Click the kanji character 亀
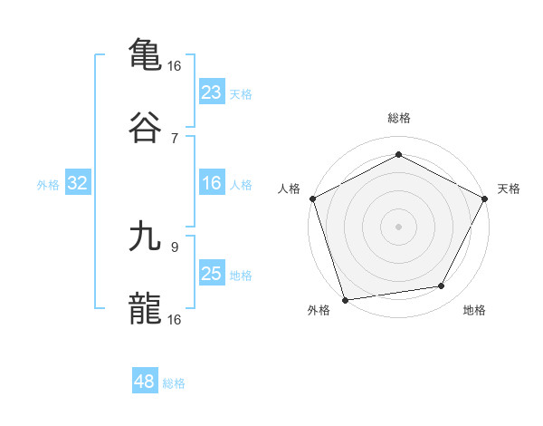click(x=145, y=53)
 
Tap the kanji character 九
click(x=145, y=235)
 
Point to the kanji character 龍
click(x=145, y=308)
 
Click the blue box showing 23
click(x=211, y=92)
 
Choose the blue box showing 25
click(x=211, y=275)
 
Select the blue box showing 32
click(x=78, y=184)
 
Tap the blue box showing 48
click(x=145, y=382)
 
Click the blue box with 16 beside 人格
click(x=211, y=184)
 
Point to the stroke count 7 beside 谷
click(x=174, y=138)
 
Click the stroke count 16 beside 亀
click(x=175, y=65)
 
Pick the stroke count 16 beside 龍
click(x=175, y=319)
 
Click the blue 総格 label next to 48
click(x=174, y=383)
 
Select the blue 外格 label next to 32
click(x=48, y=185)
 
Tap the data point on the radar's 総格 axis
click(x=398, y=154)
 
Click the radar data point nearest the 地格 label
click(x=442, y=286)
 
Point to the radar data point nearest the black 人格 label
click(x=312, y=198)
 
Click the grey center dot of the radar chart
click(x=398, y=226)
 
